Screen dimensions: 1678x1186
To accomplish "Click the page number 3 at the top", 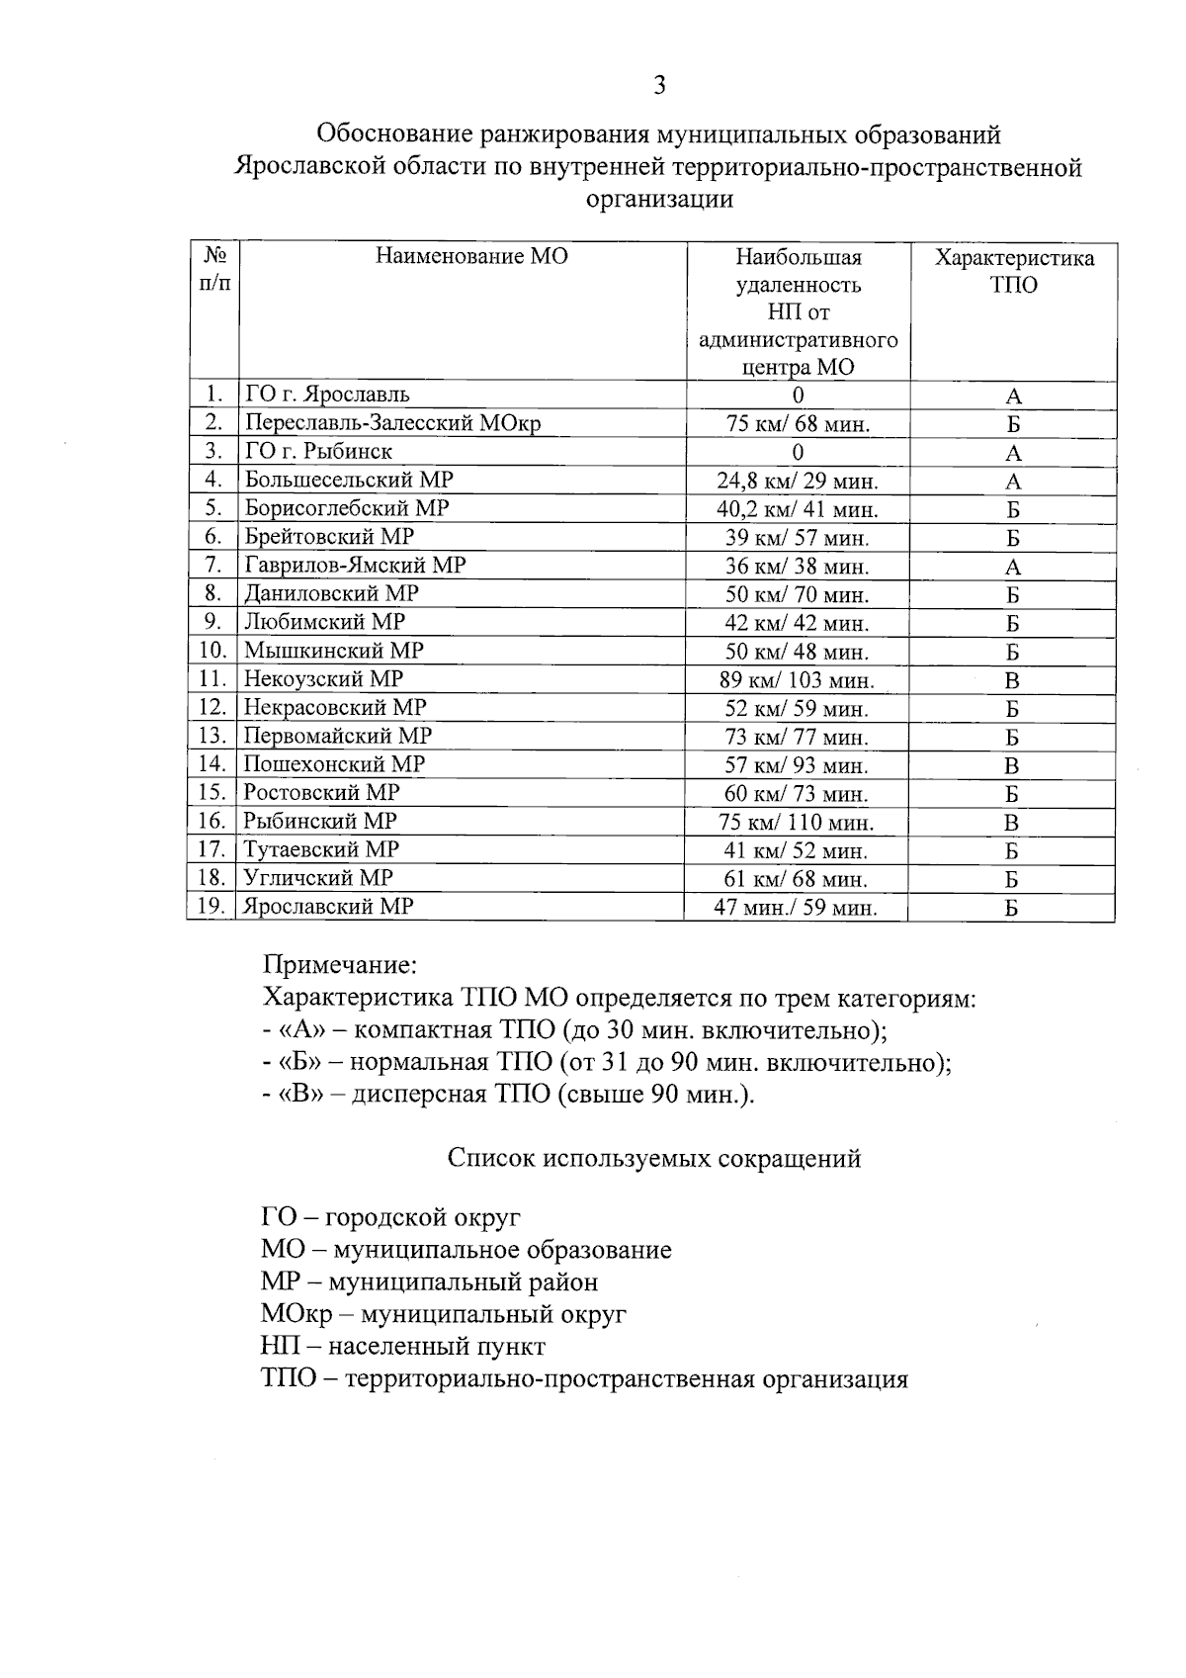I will (659, 86).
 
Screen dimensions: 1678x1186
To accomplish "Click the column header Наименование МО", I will (471, 257).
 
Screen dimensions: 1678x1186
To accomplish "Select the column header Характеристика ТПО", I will (1014, 272).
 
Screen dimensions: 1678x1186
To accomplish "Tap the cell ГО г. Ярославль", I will (327, 395).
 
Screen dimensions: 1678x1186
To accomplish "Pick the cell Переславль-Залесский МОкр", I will (392, 423).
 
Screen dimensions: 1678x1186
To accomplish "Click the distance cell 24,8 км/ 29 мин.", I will (798, 482).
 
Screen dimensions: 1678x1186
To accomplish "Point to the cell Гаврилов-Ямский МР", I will (355, 565).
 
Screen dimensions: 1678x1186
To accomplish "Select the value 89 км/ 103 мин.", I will (797, 680).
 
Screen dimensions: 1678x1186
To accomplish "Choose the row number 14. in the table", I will (212, 764).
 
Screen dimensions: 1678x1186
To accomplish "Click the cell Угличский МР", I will (318, 878).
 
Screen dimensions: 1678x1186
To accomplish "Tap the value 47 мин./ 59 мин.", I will (796, 908).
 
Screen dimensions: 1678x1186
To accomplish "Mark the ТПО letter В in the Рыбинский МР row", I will (1012, 823).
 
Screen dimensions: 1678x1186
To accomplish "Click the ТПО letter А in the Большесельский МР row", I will (1013, 483).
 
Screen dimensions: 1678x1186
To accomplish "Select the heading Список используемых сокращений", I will (653, 1158).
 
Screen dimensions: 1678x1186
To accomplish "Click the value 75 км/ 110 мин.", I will (797, 823).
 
